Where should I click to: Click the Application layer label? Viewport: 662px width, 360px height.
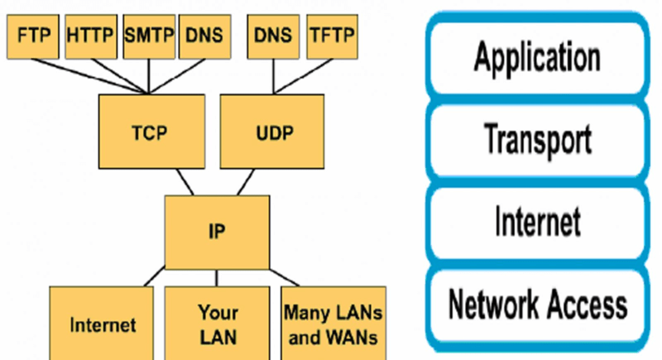point(537,59)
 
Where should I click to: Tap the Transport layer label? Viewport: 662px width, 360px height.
point(537,139)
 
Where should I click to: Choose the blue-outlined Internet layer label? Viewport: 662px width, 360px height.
point(537,222)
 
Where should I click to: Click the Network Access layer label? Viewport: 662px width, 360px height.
point(537,305)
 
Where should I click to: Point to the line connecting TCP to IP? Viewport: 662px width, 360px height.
point(184,181)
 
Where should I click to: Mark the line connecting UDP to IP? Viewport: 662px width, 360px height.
point(246,181)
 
